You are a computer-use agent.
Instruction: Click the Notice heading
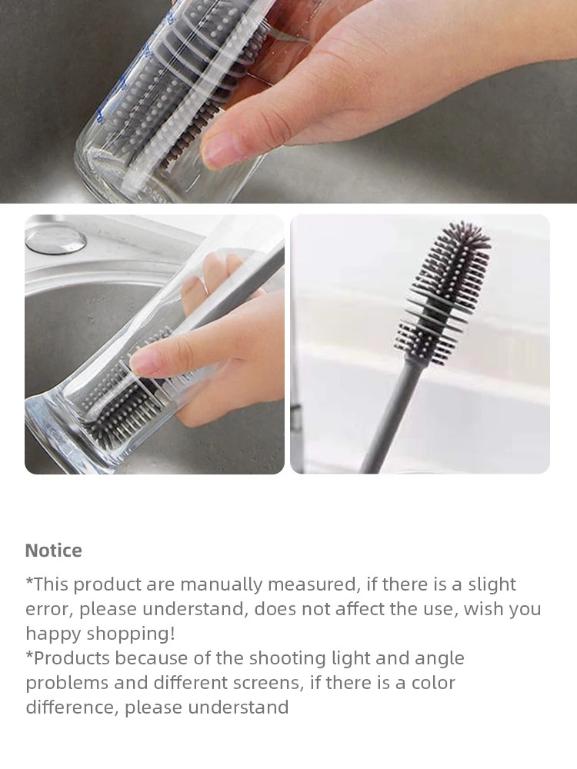[54, 551]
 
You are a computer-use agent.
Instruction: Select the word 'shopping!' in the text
[131, 634]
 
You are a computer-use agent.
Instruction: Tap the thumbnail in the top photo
[218, 149]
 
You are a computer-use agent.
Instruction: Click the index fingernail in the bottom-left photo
[144, 363]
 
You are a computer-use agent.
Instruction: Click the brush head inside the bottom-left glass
[122, 402]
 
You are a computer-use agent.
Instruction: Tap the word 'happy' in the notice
[54, 634]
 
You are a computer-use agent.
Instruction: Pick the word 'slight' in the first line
[492, 584]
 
